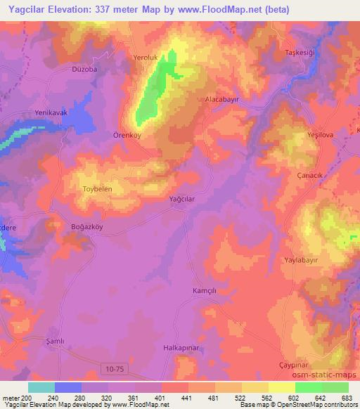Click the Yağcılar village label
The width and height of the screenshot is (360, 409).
point(181,199)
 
